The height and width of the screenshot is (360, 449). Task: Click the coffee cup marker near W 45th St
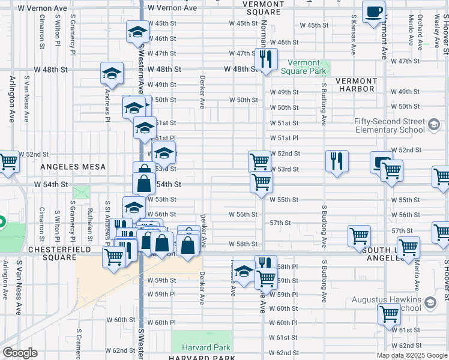pyautogui.click(x=373, y=13)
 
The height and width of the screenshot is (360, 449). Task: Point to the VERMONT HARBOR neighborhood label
pyautogui.click(x=355, y=85)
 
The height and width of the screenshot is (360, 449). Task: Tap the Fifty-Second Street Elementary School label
pyautogui.click(x=389, y=125)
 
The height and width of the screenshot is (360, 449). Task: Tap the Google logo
pyautogui.click(x=20, y=353)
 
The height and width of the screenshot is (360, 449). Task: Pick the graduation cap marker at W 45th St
pyautogui.click(x=137, y=32)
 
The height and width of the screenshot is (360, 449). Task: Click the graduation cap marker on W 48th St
pyautogui.click(x=112, y=74)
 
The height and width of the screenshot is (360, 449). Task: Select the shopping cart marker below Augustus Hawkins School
pyautogui.click(x=389, y=314)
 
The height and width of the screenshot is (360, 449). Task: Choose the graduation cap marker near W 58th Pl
pyautogui.click(x=243, y=272)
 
